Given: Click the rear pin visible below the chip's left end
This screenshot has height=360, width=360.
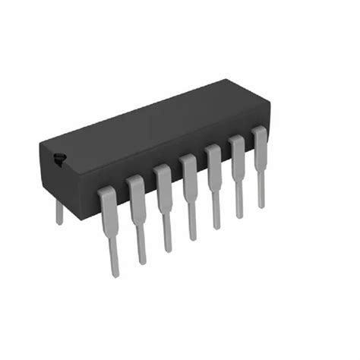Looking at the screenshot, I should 59,213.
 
